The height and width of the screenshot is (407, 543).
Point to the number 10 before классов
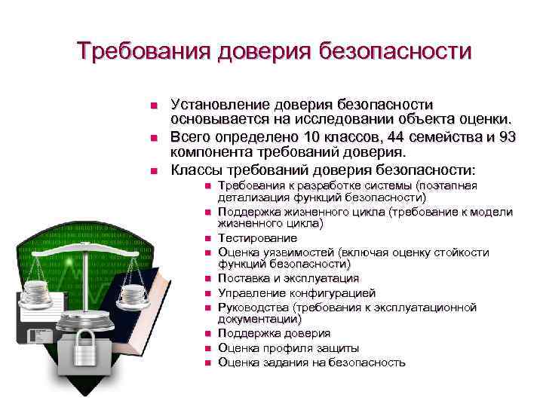click(x=310, y=136)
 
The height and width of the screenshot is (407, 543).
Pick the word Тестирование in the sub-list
click(x=253, y=237)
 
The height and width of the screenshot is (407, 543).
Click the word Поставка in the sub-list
click(x=241, y=279)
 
